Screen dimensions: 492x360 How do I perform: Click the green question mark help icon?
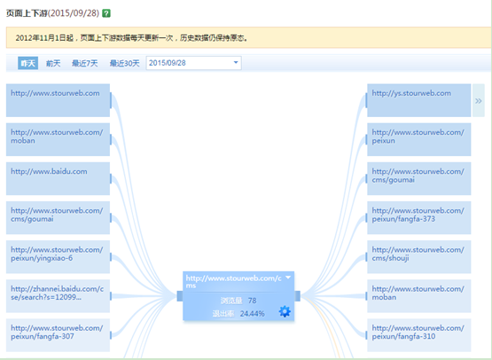click(106, 13)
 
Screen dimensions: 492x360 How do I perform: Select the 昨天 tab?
click(28, 63)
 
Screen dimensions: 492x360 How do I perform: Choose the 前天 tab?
click(53, 64)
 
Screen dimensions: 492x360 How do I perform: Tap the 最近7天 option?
click(85, 64)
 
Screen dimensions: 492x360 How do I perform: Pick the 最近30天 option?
click(124, 64)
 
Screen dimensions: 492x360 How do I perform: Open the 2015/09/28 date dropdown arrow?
click(236, 62)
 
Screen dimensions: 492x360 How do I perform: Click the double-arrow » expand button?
click(478, 100)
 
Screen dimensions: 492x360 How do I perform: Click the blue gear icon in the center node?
click(285, 311)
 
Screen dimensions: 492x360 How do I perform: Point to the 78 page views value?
click(252, 301)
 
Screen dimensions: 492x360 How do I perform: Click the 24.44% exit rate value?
click(253, 314)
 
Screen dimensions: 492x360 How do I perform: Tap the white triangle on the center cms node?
click(288, 278)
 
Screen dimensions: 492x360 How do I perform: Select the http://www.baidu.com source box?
click(58, 178)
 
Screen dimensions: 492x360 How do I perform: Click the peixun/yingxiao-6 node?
click(58, 257)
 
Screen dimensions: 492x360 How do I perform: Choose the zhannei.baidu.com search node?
click(58, 296)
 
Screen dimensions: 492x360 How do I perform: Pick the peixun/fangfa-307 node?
click(58, 335)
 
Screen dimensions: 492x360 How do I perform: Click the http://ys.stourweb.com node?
click(419, 100)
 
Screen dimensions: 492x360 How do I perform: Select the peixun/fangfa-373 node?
click(419, 217)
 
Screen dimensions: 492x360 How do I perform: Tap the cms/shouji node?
click(419, 257)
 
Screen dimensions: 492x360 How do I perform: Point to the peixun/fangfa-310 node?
click(419, 335)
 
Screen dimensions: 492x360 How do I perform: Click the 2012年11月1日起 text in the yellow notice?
click(44, 38)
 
